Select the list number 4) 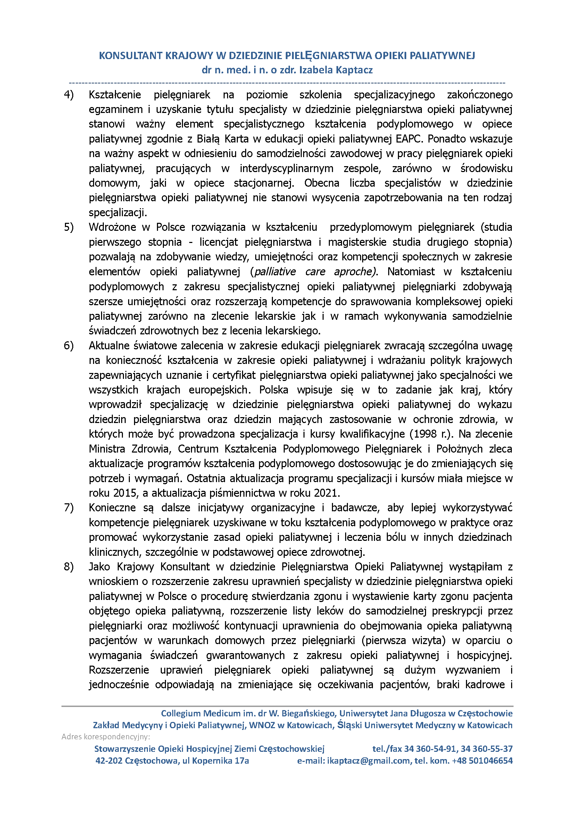tap(69, 95)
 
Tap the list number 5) tap(69, 227)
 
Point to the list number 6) tap(69, 345)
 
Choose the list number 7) tap(69, 508)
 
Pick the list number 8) tap(69, 567)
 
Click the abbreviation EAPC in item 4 tap(409, 139)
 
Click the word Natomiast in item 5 tap(411, 272)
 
